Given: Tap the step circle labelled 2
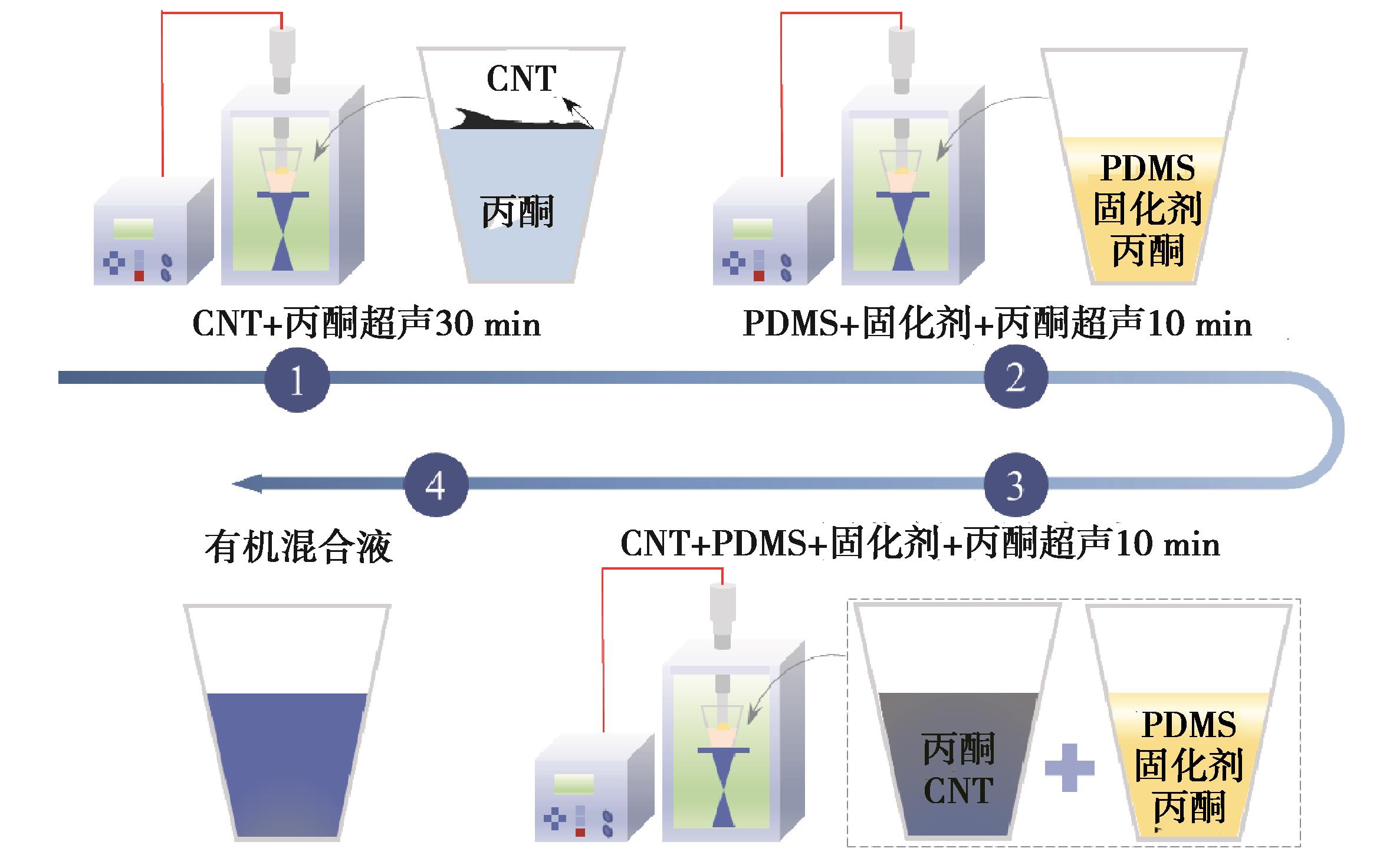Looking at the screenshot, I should pos(1016,377).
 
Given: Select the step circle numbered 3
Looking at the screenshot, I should pos(1016,485).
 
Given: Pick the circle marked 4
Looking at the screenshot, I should pos(436,485).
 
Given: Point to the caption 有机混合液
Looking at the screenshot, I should pos(298,547).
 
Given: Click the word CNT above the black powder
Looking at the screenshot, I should pos(521,78).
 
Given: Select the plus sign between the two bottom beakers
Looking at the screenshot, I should pos(1069,767).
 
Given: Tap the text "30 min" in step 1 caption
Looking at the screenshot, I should pos(488,325).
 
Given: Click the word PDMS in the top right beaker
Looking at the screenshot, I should pos(1148,168).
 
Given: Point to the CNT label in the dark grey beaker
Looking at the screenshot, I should pos(958,790).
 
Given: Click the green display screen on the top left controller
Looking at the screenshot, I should pos(133,229).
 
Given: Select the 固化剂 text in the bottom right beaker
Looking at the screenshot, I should pos(1189,765).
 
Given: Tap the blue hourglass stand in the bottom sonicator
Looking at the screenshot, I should pos(724,790).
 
